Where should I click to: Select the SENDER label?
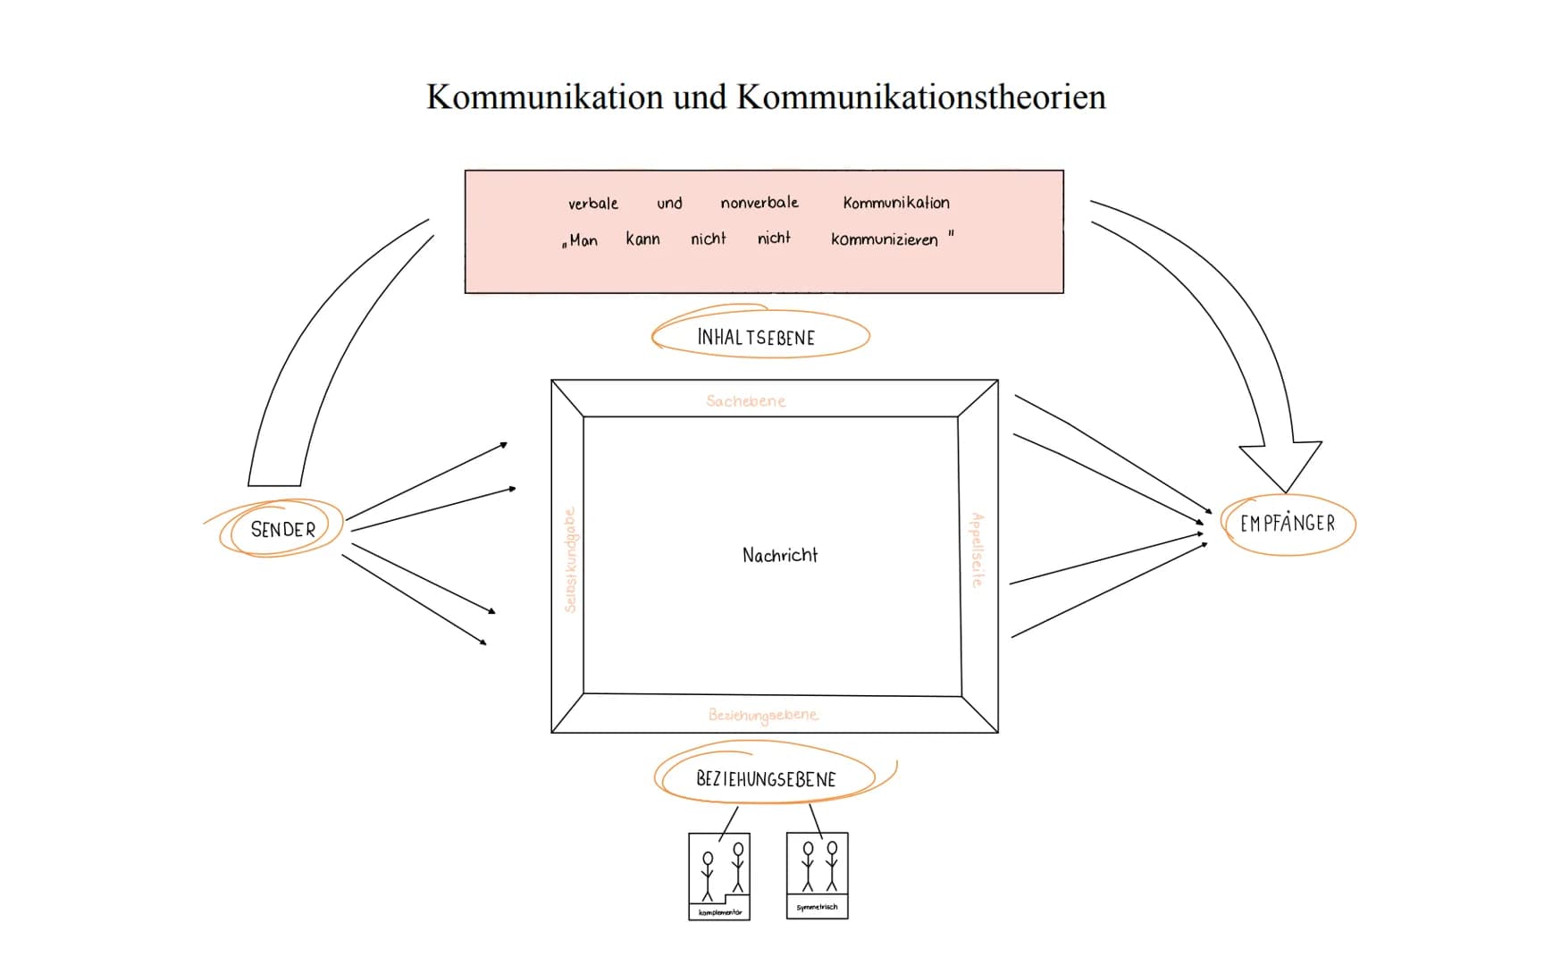[x=282, y=529]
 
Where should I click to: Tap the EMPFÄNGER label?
[x=1288, y=524]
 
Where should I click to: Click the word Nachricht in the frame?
[x=779, y=555]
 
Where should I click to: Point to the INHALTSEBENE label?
[x=756, y=338]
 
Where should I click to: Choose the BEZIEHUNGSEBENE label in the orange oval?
[x=766, y=779]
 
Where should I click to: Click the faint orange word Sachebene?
[x=745, y=401]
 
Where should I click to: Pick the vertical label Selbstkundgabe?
[x=570, y=560]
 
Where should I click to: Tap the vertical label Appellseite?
[x=978, y=550]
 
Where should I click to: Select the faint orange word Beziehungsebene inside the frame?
[x=763, y=715]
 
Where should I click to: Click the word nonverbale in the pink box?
[x=759, y=203]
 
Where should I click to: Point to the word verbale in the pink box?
[x=593, y=204]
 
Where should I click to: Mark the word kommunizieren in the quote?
[x=885, y=239]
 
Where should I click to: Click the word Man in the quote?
[x=583, y=240]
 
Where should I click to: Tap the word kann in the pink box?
[x=642, y=239]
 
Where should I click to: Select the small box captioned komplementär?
[x=719, y=876]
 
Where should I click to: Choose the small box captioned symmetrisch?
[x=818, y=875]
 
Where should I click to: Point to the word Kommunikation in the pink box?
[x=896, y=203]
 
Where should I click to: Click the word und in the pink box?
[x=669, y=204]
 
